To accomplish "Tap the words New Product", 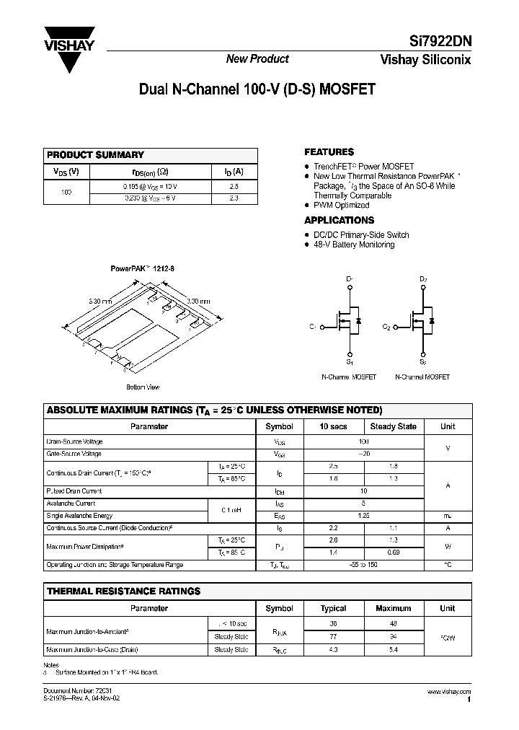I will (x=257, y=59).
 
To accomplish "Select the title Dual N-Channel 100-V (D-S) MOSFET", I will (x=256, y=91).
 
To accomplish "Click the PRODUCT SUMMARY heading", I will (x=95, y=155).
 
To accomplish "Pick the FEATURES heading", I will (x=329, y=152).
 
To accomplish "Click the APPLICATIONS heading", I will (x=339, y=220).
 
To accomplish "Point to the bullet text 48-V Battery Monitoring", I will (x=354, y=245).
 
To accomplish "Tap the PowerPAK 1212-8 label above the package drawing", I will (x=142, y=268).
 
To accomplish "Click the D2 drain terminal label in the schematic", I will (x=423, y=278).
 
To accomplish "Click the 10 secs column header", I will (x=333, y=426).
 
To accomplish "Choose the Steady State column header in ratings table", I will (x=393, y=426).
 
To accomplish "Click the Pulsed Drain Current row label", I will (x=75, y=491).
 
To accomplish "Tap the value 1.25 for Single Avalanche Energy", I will (x=364, y=516).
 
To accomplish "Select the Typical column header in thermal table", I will (x=333, y=608).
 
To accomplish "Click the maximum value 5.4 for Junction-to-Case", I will (x=393, y=650).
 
